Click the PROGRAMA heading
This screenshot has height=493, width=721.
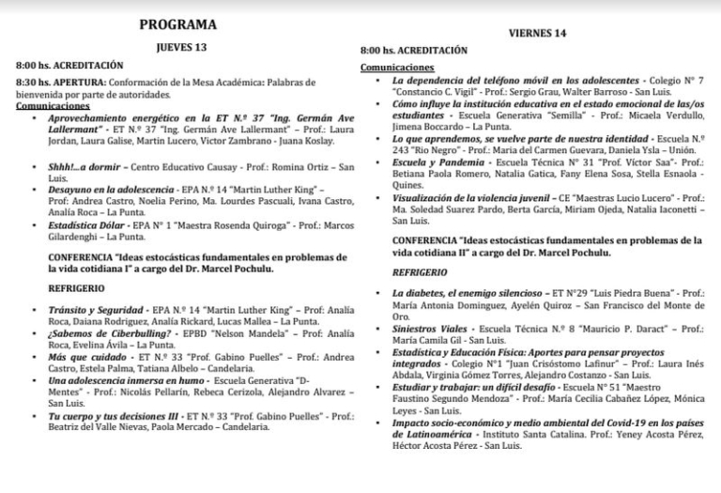177,23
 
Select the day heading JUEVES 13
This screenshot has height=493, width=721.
179,46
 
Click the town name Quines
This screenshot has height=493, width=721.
409,185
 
